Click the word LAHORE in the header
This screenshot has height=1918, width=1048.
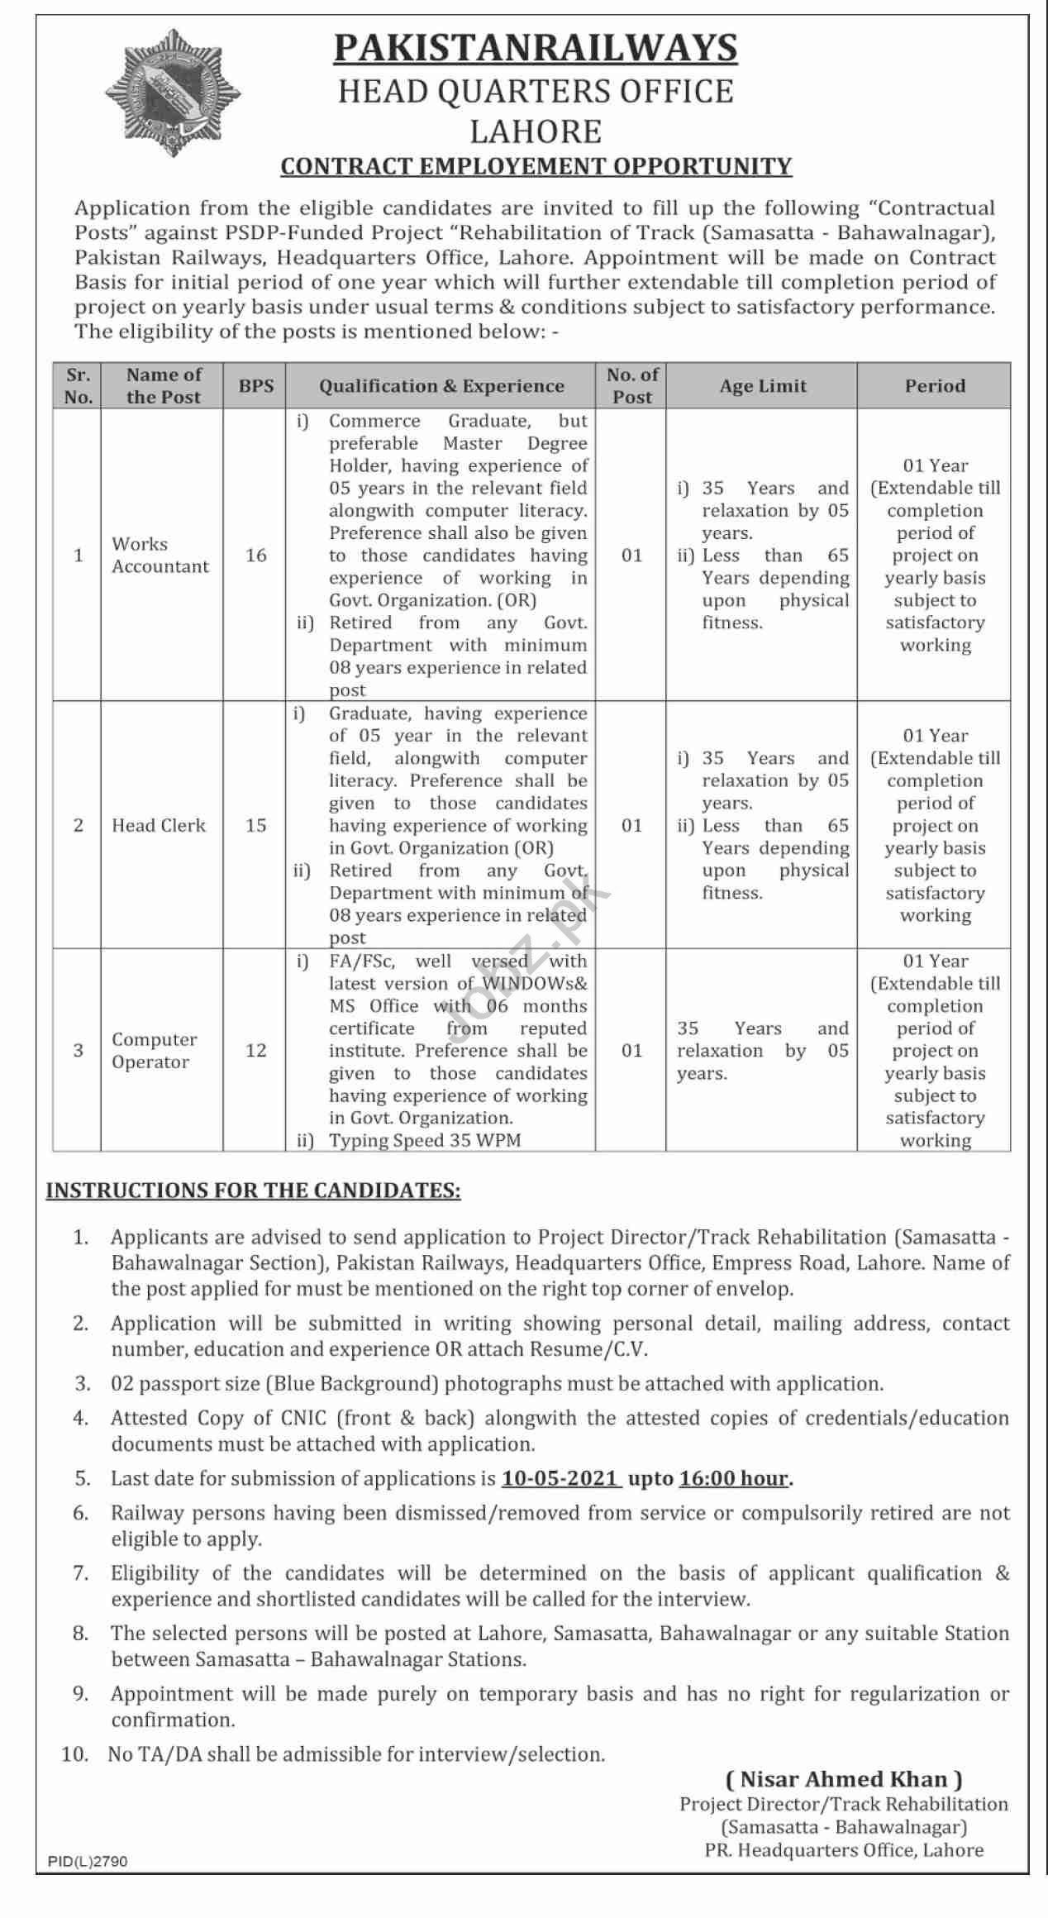pos(536,131)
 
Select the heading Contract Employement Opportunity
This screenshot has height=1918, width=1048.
pos(536,166)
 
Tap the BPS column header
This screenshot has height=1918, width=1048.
pos(256,385)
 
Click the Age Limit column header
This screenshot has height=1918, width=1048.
pos(763,385)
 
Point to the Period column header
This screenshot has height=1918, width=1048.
pos(935,385)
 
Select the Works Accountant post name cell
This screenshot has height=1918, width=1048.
pos(160,555)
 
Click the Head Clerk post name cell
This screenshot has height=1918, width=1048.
pos(159,825)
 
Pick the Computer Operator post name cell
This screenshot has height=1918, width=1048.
pos(155,1050)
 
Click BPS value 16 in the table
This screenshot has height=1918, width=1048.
pos(256,555)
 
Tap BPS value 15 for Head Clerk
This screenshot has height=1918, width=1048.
pos(256,825)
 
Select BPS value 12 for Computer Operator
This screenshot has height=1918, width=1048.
pos(256,1050)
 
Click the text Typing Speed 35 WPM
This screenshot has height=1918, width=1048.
pos(425,1140)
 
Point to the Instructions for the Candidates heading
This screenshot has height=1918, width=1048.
pos(253,1190)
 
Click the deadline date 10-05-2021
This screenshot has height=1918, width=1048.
pos(561,1478)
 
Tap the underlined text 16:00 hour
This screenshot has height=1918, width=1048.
pos(734,1478)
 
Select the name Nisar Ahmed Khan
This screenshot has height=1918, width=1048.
pos(843,1779)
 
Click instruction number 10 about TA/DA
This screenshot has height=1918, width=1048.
pos(355,1753)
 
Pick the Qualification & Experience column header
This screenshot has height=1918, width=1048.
pos(441,385)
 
